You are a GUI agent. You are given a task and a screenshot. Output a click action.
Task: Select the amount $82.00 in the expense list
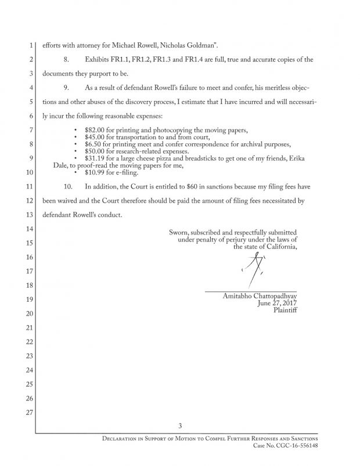click(x=94, y=129)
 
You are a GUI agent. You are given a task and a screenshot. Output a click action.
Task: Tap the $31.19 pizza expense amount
click(x=94, y=158)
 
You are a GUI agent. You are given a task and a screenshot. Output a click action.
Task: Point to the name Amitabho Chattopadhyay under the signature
click(x=260, y=296)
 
